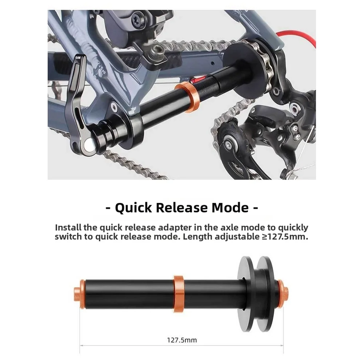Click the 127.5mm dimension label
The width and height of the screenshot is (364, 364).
click(182, 340)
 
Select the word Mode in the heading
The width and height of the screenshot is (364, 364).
click(231, 208)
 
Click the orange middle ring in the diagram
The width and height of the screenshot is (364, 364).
click(178, 293)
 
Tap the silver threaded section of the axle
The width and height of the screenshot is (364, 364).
click(211, 85)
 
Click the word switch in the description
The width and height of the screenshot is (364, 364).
click(69, 236)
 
